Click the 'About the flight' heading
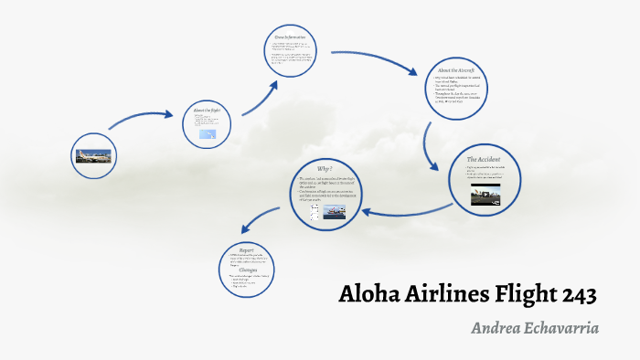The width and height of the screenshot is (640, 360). [x=207, y=111]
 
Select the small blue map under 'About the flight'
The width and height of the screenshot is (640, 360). [x=209, y=135]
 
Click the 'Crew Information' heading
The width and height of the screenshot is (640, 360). [x=290, y=37]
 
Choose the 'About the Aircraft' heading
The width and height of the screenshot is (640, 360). [x=455, y=69]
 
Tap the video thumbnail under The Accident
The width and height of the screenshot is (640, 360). [x=486, y=195]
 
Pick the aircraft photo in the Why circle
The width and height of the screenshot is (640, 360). [x=336, y=213]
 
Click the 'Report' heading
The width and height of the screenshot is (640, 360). [x=246, y=249]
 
